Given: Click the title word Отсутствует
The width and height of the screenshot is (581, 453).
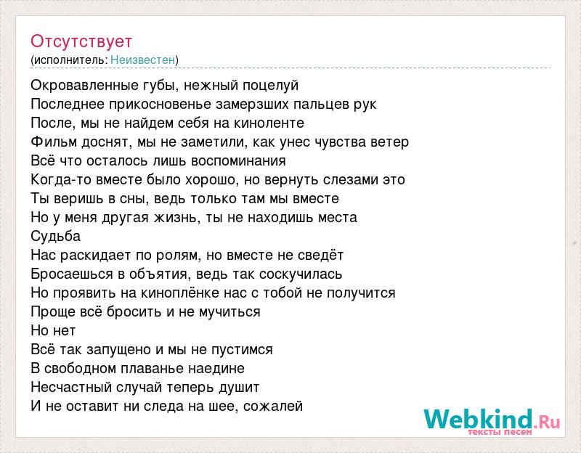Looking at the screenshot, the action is pyautogui.click(x=81, y=41).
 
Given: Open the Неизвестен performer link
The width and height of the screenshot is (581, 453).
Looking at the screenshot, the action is pyautogui.click(x=142, y=60).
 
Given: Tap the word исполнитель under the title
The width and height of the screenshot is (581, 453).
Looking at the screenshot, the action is pyautogui.click(x=70, y=60).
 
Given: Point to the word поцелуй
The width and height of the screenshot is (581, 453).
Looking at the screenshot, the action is pyautogui.click(x=270, y=86).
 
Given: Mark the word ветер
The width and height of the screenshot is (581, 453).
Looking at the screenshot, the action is pyautogui.click(x=389, y=142).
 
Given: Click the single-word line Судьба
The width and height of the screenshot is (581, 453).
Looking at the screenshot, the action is pyautogui.click(x=56, y=237).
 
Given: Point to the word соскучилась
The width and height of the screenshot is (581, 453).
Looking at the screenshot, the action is pyautogui.click(x=301, y=274).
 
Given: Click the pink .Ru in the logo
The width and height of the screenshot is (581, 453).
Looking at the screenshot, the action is pyautogui.click(x=547, y=421).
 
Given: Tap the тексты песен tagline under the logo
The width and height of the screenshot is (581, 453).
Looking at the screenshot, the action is pyautogui.click(x=500, y=432).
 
